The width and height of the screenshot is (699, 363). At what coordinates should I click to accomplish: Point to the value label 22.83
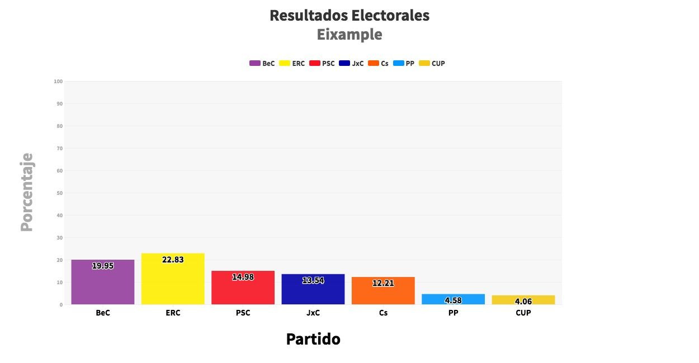[x=173, y=260]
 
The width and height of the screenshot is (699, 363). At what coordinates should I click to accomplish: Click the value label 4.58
[x=453, y=300]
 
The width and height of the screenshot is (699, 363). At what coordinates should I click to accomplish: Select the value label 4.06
[x=523, y=302]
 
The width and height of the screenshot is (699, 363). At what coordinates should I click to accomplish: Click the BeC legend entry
[x=262, y=64]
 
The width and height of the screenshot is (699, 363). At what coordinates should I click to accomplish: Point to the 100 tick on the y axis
[x=58, y=82]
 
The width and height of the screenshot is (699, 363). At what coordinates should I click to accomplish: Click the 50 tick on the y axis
[x=59, y=193]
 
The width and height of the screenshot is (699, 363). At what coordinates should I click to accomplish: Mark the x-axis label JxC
[x=313, y=313]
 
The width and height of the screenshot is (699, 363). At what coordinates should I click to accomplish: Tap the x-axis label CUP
[x=523, y=313]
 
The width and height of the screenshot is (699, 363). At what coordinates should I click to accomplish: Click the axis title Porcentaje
[x=27, y=192]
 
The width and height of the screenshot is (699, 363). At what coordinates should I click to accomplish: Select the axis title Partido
[x=313, y=339]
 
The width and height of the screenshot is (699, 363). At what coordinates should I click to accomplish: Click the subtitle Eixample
[x=349, y=35]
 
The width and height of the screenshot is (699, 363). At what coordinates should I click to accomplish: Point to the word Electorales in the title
[x=390, y=16]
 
